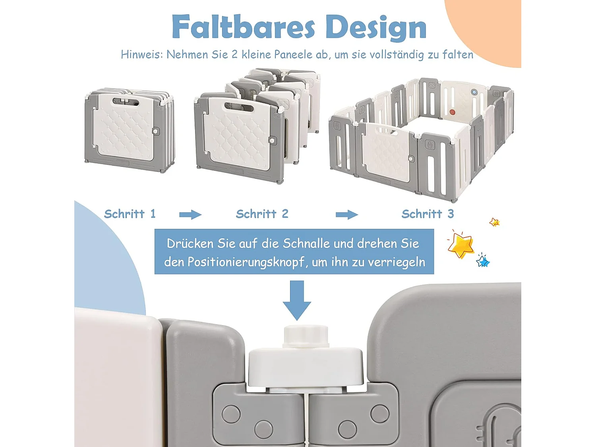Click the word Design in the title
pyautogui.click(x=375, y=27)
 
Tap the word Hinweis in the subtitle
pyautogui.click(x=141, y=54)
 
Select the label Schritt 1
pyautogui.click(x=130, y=214)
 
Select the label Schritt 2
pyautogui.click(x=262, y=214)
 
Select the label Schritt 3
pyautogui.click(x=428, y=214)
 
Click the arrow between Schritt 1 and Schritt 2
pyautogui.click(x=190, y=215)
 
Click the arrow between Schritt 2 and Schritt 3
pyautogui.click(x=346, y=215)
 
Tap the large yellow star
pyautogui.click(x=461, y=245)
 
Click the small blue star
pyautogui.click(x=483, y=261)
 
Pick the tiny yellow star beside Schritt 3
pyautogui.click(x=494, y=222)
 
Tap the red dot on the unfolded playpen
pyautogui.click(x=452, y=112)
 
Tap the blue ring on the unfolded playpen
pyautogui.click(x=474, y=92)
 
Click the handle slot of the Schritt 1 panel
pyautogui.click(x=126, y=102)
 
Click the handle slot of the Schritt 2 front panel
pyautogui.click(x=240, y=106)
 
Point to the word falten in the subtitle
pyautogui.click(x=458, y=54)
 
